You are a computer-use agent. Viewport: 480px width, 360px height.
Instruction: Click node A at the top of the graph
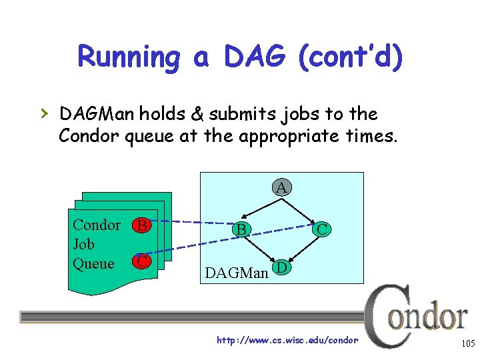pyautogui.click(x=281, y=188)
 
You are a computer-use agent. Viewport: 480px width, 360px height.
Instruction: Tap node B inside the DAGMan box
pyautogui.click(x=242, y=229)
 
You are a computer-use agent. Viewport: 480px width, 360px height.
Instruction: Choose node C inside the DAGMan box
pyautogui.click(x=322, y=229)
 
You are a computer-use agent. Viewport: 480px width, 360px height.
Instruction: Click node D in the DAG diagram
pyautogui.click(x=282, y=268)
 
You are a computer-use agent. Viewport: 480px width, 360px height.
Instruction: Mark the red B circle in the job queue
pyautogui.click(x=141, y=225)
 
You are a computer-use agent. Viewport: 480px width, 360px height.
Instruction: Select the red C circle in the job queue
pyautogui.click(x=141, y=261)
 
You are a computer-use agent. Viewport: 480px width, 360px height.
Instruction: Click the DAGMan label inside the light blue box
pyautogui.click(x=237, y=272)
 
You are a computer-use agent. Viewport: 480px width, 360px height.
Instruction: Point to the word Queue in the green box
pyautogui.click(x=93, y=263)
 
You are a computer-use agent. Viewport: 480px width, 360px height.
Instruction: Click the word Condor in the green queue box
pyautogui.click(x=97, y=225)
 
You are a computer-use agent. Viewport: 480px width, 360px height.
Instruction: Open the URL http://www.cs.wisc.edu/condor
pyautogui.click(x=287, y=340)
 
